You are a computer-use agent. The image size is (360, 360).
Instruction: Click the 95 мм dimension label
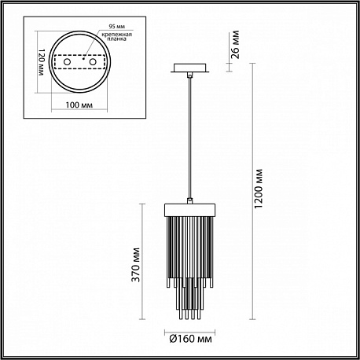[116, 27]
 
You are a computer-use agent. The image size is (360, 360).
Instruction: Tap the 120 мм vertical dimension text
[42, 62]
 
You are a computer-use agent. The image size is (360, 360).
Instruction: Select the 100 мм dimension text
[79, 105]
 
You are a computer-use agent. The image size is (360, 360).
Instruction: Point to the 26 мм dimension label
[236, 45]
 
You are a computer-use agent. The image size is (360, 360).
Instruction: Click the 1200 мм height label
[259, 189]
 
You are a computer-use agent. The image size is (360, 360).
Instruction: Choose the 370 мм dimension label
[135, 265]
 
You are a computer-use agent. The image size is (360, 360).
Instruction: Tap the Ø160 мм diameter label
[190, 339]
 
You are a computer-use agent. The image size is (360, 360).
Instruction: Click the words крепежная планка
[116, 37]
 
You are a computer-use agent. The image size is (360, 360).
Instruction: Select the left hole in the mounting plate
[67, 62]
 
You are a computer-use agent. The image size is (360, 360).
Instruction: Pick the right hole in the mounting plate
[93, 62]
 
